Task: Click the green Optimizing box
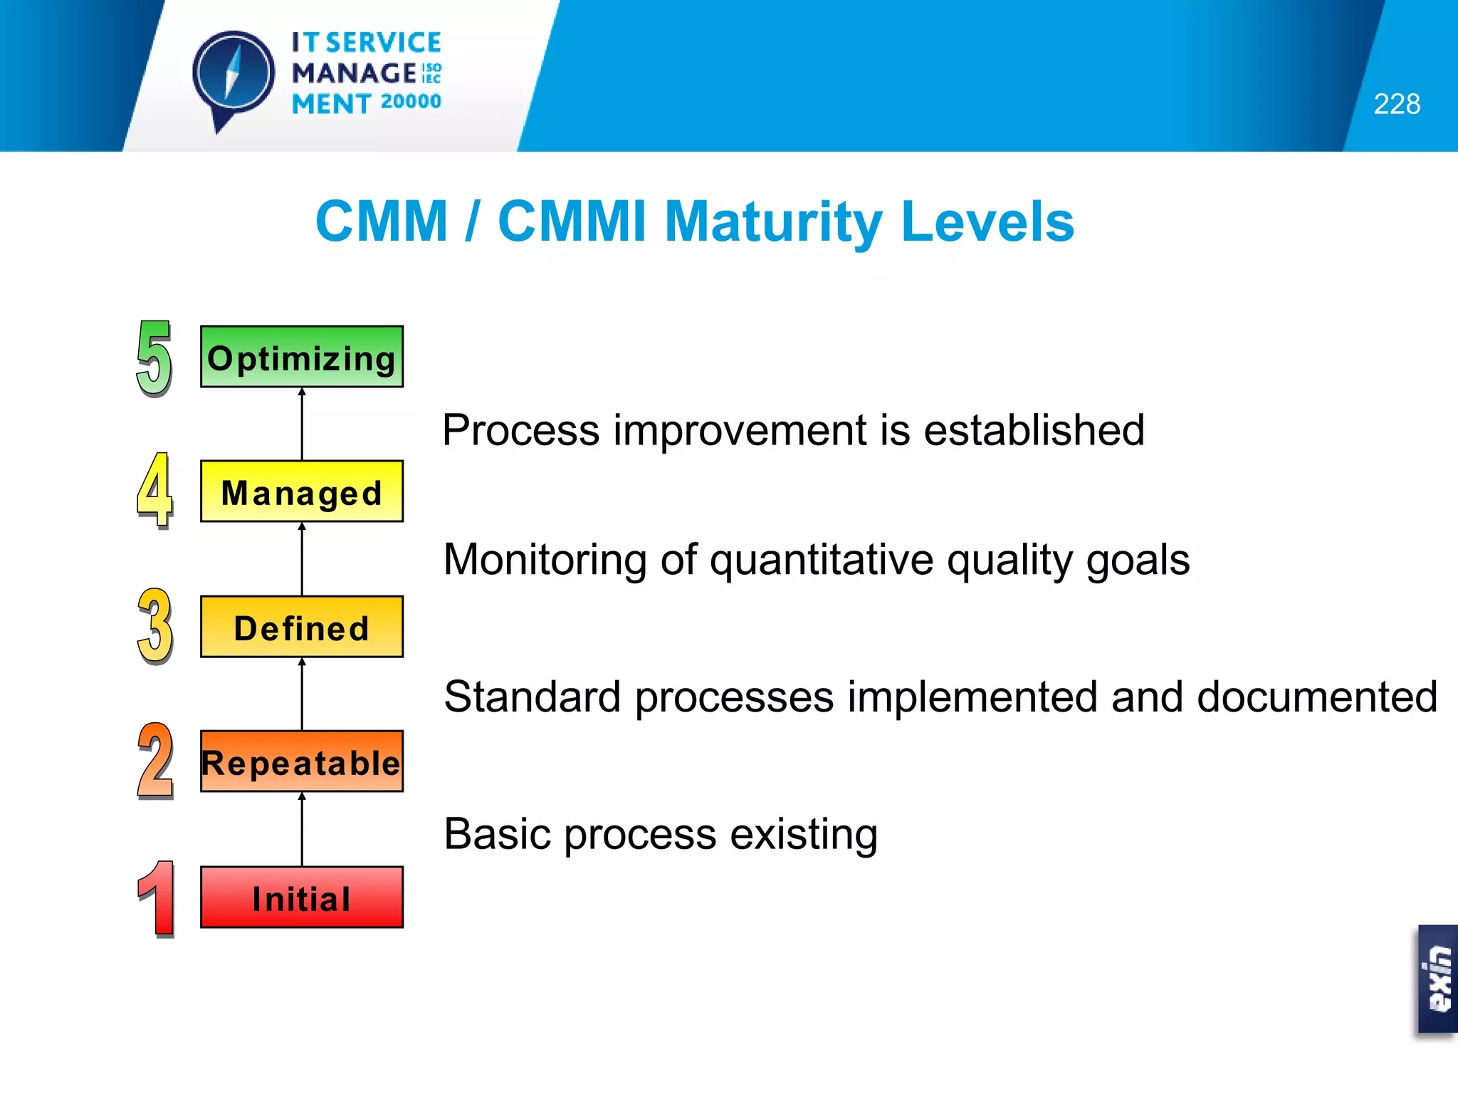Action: tap(302, 357)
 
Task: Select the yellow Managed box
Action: tap(302, 491)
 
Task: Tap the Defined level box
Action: tap(302, 627)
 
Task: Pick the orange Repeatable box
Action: tap(302, 761)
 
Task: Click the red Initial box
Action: tap(302, 897)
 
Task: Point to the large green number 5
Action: tap(154, 358)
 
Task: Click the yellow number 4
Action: tap(154, 491)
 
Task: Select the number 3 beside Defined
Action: tap(154, 626)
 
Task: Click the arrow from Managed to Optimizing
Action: tap(302, 424)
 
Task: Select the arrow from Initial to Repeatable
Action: tap(302, 829)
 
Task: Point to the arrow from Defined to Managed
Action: tap(302, 559)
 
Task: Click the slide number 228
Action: tap(1396, 104)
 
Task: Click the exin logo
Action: tap(1437, 979)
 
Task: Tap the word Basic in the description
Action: tap(497, 834)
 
